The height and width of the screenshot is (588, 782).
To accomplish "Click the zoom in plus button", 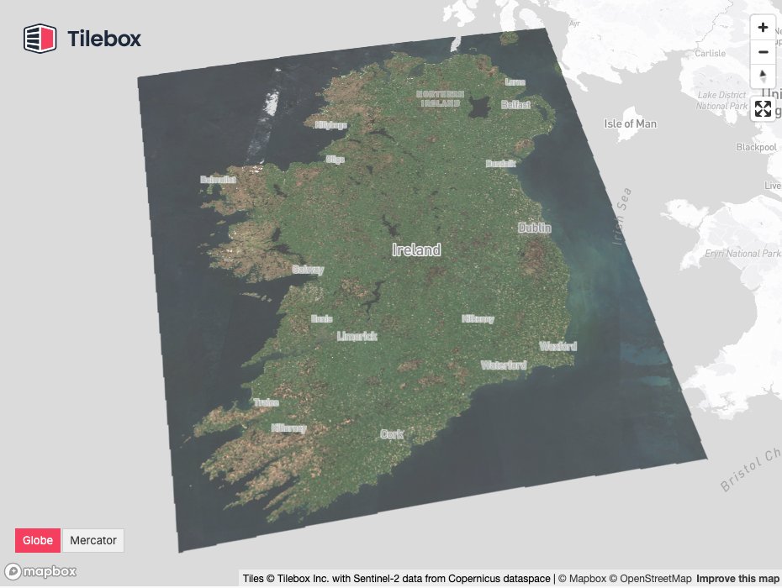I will click(x=763, y=28).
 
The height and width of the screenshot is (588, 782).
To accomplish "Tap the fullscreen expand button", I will click(x=763, y=108).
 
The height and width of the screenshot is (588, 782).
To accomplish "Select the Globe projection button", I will click(x=38, y=540).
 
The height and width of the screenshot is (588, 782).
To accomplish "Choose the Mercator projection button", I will click(x=93, y=540).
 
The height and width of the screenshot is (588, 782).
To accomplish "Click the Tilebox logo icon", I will click(x=40, y=39).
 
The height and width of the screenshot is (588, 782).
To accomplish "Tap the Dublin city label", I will click(x=535, y=228).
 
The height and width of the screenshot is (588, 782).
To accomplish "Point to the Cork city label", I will click(x=392, y=434).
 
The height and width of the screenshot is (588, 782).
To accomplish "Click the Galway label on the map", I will click(x=307, y=270).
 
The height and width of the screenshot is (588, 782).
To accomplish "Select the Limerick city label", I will click(x=357, y=336).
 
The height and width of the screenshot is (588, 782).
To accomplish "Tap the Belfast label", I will click(x=515, y=105).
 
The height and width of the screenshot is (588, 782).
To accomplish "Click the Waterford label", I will click(x=503, y=365).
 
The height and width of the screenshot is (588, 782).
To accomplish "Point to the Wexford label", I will click(x=558, y=346).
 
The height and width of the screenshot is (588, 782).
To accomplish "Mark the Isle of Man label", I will click(x=630, y=123).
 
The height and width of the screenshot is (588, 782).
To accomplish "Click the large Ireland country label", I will click(x=416, y=250).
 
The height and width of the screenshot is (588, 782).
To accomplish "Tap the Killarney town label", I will click(x=288, y=428).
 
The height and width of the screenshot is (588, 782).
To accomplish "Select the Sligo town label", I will click(x=335, y=159).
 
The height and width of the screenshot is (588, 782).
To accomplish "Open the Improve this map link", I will click(x=737, y=579).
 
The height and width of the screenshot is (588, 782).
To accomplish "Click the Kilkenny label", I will click(x=477, y=319).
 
